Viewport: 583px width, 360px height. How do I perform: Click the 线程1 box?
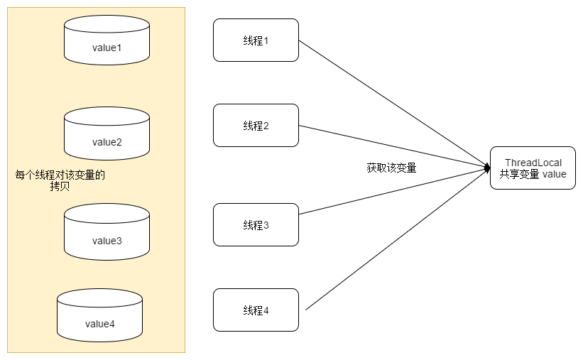pyautogui.click(x=256, y=40)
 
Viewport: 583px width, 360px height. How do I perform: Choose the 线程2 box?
pyautogui.click(x=256, y=126)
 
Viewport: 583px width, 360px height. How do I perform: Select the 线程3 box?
pyautogui.click(x=256, y=225)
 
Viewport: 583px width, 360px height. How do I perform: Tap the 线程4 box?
pyautogui.click(x=256, y=310)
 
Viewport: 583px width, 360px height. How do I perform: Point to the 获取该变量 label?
pyautogui.click(x=391, y=168)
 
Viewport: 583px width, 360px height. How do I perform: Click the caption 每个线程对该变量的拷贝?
pyautogui.click(x=60, y=180)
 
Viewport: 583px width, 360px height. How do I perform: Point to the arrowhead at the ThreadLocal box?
pyautogui.click(x=486, y=168)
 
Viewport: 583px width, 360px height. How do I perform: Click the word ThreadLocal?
pyautogui.click(x=533, y=163)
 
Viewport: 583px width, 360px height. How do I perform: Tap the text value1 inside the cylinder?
pyautogui.click(x=107, y=48)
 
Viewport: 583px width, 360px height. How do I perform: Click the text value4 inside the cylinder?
pyautogui.click(x=100, y=324)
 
